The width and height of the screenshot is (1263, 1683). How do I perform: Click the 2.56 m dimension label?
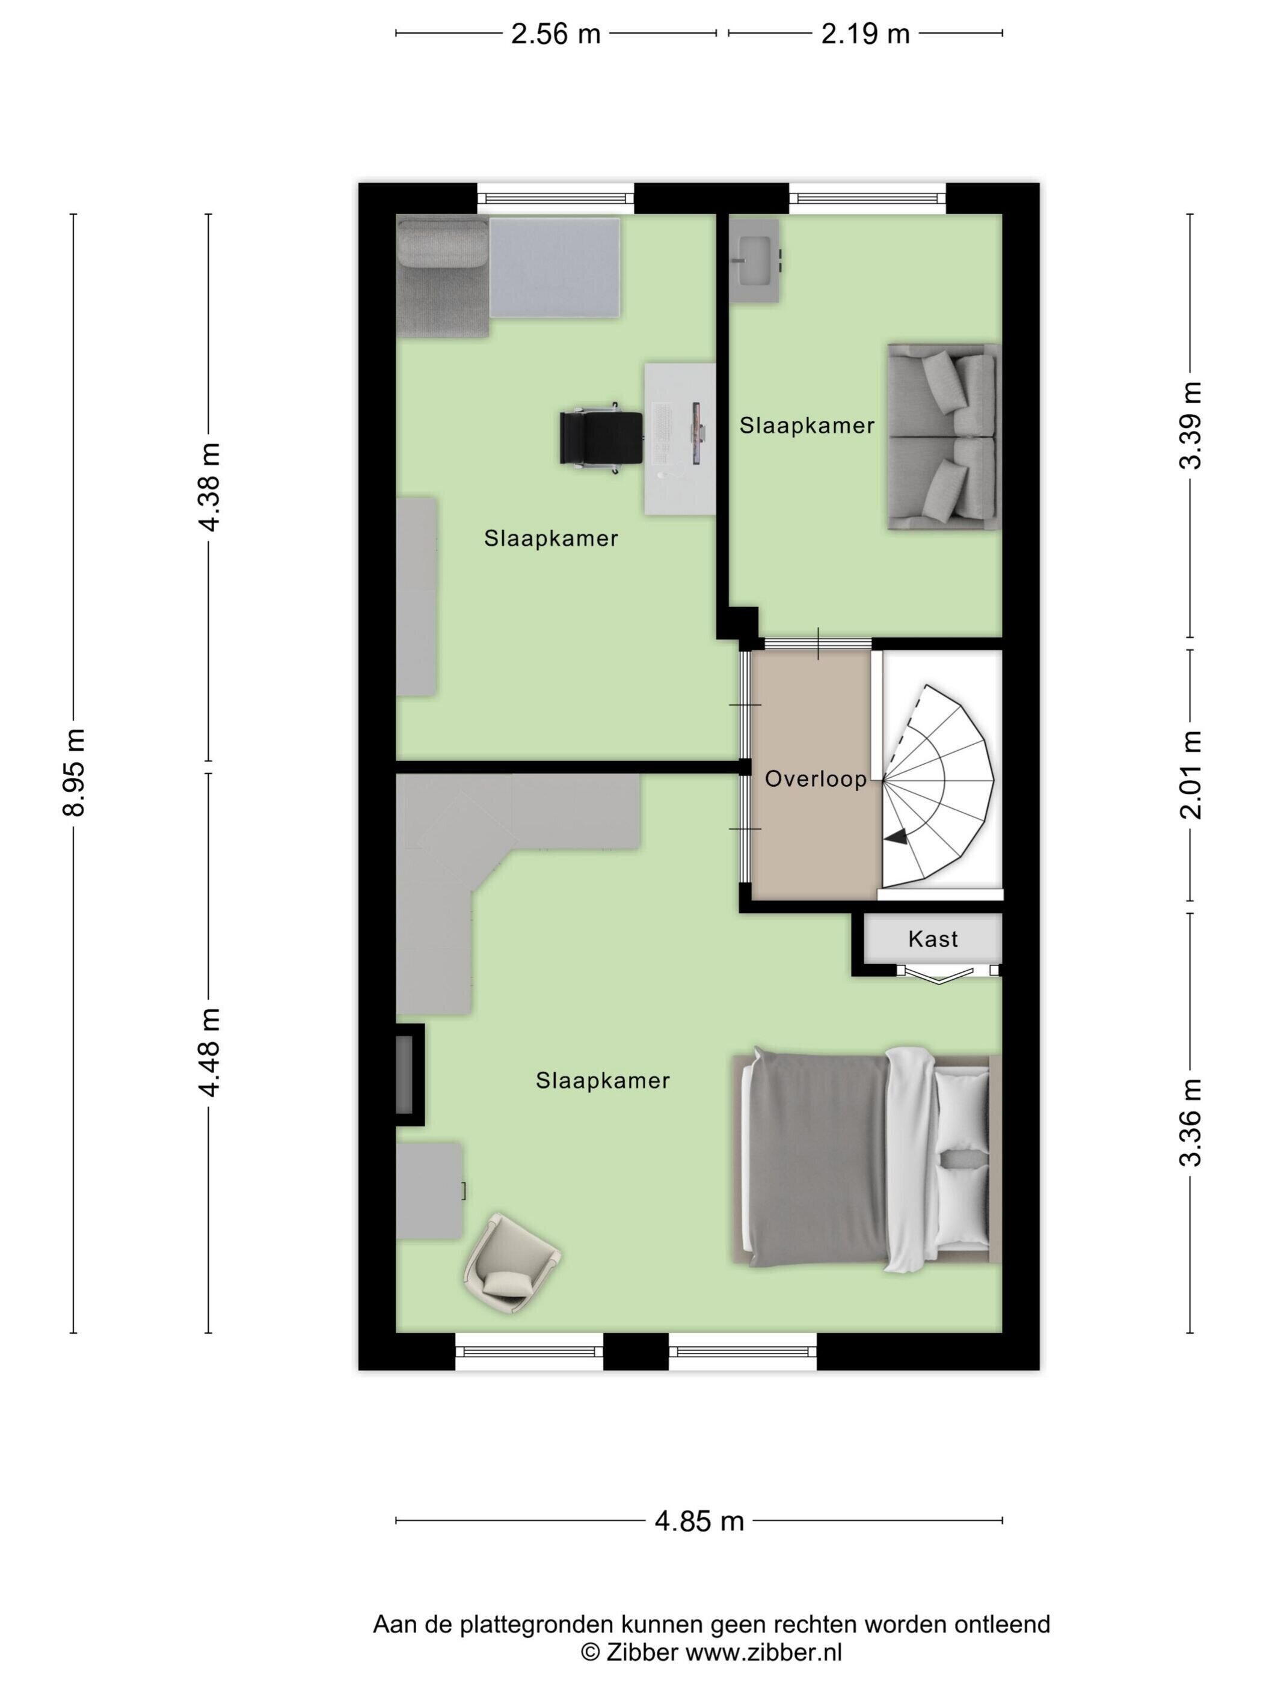(x=555, y=34)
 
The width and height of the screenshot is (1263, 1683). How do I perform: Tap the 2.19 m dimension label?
(x=865, y=34)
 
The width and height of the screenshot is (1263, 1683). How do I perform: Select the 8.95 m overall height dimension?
(x=74, y=772)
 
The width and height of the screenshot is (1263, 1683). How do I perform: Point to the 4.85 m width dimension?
(x=699, y=1521)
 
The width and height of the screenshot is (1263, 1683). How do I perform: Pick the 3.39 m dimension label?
(x=1191, y=426)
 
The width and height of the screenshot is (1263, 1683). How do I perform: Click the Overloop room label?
(x=816, y=778)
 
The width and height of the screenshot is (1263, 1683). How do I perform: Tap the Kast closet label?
(x=933, y=939)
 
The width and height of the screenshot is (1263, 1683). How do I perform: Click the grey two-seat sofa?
(x=943, y=437)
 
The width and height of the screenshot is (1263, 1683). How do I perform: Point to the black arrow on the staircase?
(x=896, y=837)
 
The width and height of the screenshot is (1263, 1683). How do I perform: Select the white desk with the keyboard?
(x=679, y=439)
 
